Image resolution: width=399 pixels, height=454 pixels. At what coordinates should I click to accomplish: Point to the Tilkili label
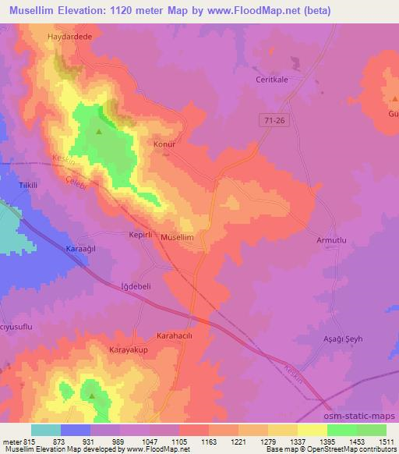pos(29,186)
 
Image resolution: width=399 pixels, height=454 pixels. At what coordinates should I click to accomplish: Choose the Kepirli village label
pos(143,233)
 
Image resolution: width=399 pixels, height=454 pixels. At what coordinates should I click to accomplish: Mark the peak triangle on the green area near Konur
pos(99,131)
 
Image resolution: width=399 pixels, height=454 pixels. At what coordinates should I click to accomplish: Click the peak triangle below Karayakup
pos(92,395)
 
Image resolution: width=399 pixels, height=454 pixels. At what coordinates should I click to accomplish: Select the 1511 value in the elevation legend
pos(386,441)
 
